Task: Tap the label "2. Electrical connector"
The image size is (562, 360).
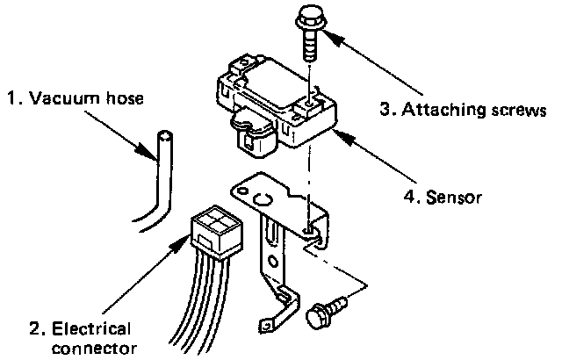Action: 81,339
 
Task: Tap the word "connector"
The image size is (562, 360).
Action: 95,348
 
